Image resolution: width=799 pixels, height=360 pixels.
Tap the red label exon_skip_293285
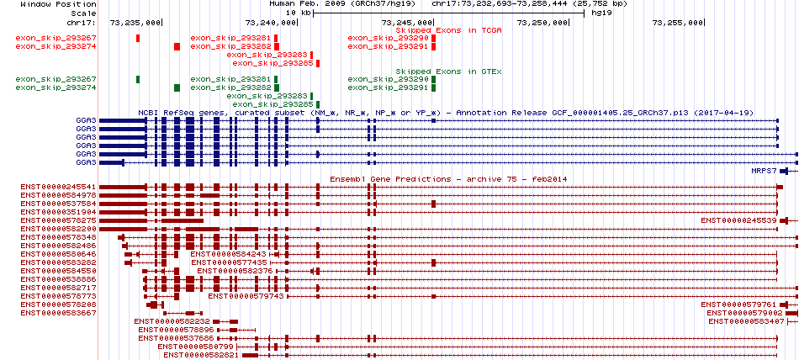(273, 63)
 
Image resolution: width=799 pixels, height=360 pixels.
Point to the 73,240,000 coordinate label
(271, 23)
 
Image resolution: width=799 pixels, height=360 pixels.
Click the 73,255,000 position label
(678, 23)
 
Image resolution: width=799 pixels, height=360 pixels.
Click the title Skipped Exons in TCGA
(449, 30)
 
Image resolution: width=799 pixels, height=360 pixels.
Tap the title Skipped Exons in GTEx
(449, 71)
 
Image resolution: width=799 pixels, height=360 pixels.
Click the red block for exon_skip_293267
(138, 38)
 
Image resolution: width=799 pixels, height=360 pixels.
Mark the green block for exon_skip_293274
(177, 87)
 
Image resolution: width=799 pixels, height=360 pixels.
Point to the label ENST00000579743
(246, 296)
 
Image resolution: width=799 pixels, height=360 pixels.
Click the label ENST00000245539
(739, 220)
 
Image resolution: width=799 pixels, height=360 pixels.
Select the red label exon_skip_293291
(389, 46)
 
